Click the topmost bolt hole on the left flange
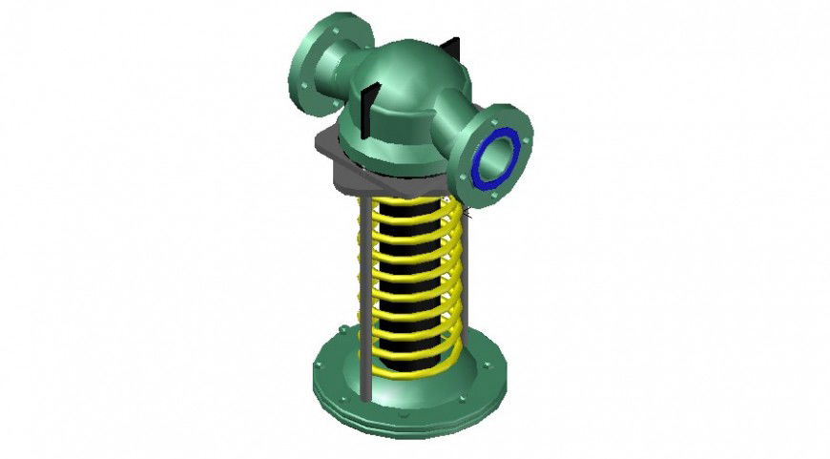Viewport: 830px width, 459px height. coord(341,21)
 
